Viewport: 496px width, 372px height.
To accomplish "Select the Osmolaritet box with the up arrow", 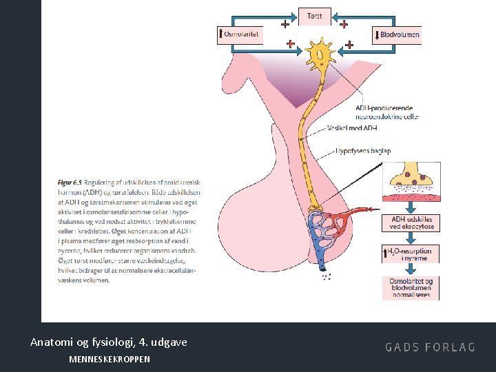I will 240,34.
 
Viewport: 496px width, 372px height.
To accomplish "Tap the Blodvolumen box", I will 397,34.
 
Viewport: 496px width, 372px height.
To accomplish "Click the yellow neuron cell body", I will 319,54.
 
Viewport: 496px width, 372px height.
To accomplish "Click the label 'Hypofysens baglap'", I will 362,150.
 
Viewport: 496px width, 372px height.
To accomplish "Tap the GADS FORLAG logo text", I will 430,347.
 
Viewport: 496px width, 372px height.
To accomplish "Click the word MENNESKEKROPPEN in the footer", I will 110,360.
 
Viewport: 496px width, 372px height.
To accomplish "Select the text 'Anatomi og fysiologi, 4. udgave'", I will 108,342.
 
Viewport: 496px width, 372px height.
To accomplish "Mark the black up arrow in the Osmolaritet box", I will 220,34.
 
